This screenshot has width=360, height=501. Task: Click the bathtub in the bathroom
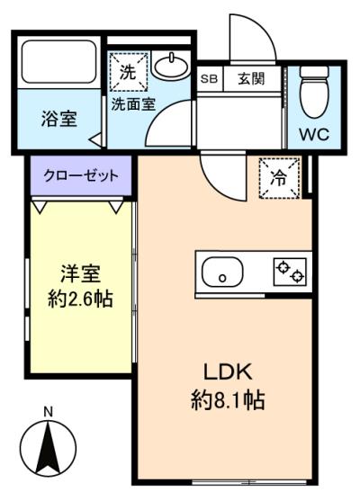click(x=59, y=62)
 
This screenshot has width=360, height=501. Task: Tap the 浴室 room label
click(x=59, y=119)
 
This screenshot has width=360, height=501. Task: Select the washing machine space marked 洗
click(x=129, y=72)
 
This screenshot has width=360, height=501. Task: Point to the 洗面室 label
click(x=133, y=103)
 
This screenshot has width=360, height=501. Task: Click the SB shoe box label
click(x=209, y=78)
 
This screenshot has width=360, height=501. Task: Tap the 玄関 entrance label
click(x=251, y=78)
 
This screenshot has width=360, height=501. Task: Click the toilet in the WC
click(x=314, y=91)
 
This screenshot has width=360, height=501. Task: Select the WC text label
click(x=314, y=135)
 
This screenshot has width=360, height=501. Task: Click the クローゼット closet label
click(x=81, y=175)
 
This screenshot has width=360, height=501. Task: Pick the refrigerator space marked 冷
click(x=279, y=178)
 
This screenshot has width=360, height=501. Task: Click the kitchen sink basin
click(x=222, y=273)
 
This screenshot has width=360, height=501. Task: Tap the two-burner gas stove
click(x=290, y=272)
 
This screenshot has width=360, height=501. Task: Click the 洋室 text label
click(x=81, y=273)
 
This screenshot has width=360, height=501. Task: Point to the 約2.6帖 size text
click(x=80, y=300)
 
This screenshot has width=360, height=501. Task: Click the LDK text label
click(x=228, y=371)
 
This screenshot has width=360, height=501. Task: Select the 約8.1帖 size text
click(x=228, y=400)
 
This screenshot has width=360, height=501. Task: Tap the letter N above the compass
click(x=49, y=412)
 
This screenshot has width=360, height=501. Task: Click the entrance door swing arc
click(x=264, y=29)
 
